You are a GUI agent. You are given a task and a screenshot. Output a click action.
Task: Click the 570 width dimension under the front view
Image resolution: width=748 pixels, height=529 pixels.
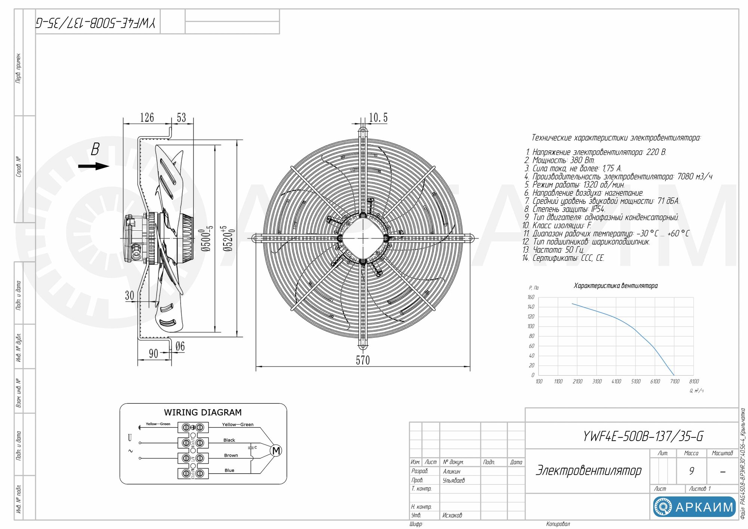[362, 360]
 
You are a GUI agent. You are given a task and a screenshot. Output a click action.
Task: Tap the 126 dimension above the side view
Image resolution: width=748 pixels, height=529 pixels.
[147, 117]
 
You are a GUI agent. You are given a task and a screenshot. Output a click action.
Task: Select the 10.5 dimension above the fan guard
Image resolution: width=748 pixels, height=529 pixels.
[378, 118]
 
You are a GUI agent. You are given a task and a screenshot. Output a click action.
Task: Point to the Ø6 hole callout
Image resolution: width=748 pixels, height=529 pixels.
[180, 346]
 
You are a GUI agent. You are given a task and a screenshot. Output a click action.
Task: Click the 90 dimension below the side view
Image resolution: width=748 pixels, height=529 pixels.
[153, 354]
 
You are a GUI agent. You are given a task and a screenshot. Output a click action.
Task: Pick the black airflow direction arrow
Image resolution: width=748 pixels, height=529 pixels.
[93, 166]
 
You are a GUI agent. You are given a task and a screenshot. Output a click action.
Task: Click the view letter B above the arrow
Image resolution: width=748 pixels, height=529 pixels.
[95, 149]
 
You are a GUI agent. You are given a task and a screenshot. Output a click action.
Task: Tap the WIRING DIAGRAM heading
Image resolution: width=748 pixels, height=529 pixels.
[203, 412]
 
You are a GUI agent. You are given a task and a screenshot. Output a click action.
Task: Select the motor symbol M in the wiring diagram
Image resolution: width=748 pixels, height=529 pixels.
[276, 451]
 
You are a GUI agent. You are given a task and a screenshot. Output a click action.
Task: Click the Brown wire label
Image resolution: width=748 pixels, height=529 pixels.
[231, 455]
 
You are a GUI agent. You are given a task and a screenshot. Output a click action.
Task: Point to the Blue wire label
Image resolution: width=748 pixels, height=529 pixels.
[229, 470]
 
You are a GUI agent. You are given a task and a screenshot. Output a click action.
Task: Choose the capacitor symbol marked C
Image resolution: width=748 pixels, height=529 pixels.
[251, 447]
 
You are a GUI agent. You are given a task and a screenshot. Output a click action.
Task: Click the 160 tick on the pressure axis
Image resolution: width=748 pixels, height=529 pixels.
[531, 297]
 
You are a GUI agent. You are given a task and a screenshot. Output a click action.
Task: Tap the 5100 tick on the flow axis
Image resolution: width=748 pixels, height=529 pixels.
[635, 382]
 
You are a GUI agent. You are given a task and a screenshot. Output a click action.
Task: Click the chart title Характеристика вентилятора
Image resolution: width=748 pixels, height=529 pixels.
[616, 286]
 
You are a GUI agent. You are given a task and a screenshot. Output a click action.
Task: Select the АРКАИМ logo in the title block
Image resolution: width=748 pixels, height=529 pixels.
[694, 507]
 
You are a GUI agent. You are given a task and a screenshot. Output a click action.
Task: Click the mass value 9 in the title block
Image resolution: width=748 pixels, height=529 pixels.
[691, 471]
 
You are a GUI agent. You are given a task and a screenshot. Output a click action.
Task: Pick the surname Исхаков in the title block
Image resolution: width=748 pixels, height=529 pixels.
[452, 515]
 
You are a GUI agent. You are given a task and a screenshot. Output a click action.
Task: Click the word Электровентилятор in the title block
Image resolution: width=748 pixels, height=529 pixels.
[589, 470]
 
